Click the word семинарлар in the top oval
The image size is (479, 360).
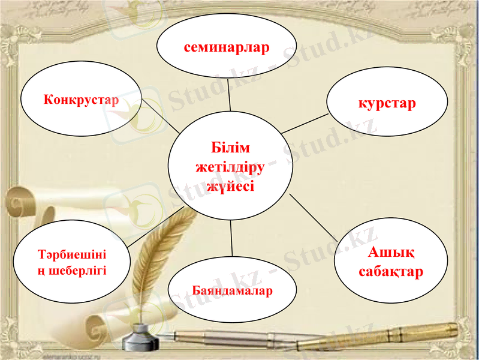(x=227, y=47)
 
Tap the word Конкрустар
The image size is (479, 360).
(x=81, y=99)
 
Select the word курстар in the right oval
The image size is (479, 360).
(x=387, y=103)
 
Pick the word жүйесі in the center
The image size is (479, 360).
(x=231, y=186)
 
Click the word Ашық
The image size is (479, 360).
(x=391, y=252)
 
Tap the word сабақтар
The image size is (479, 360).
(x=391, y=271)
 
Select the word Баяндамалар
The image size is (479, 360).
(x=232, y=291)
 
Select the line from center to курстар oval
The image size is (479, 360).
(x=306, y=123)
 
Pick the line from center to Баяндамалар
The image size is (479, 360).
(x=231, y=241)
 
